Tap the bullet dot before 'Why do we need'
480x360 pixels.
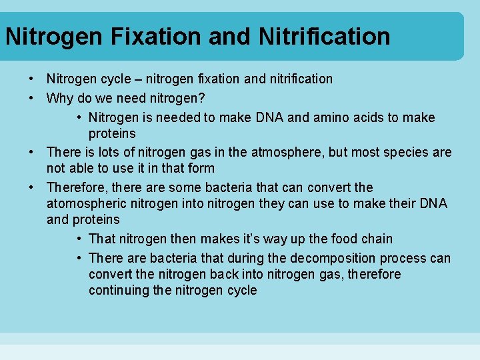point(31,98)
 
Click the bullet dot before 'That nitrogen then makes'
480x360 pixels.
point(79,239)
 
